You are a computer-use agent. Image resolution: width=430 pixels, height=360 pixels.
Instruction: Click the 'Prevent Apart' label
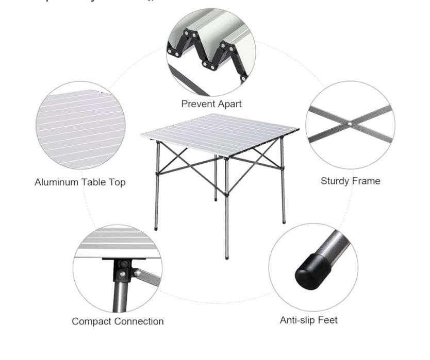point(211,104)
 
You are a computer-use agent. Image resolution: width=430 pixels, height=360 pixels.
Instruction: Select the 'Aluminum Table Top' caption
point(80,182)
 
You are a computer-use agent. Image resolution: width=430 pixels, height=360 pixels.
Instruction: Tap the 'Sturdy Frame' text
point(350,181)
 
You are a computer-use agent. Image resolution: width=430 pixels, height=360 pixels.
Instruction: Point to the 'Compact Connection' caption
point(118,321)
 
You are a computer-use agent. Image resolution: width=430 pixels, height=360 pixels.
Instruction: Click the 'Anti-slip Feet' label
point(309,320)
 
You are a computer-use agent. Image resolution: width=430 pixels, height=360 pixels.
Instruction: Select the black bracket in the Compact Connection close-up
point(122,268)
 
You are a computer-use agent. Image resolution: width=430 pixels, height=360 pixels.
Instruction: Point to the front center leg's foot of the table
point(227,256)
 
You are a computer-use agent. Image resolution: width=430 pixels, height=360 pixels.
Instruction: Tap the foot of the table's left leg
point(157,227)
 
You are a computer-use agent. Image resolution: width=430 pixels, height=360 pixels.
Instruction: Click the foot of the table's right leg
point(284,221)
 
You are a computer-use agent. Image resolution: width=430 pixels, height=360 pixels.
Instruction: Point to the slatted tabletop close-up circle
point(80,125)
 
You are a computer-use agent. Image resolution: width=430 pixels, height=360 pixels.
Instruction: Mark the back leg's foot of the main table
point(216,199)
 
